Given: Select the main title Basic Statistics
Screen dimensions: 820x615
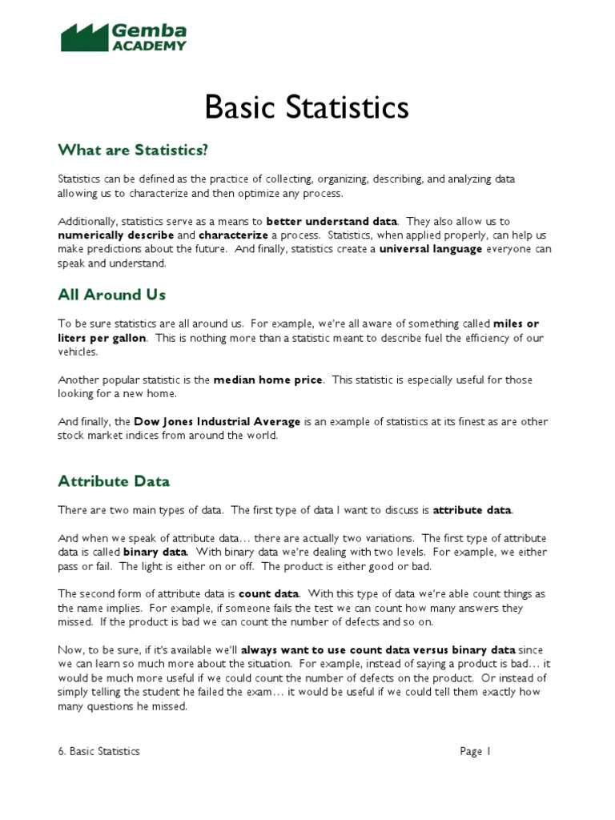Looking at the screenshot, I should coord(307,107).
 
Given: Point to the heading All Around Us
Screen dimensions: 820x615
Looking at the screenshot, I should coord(111,295).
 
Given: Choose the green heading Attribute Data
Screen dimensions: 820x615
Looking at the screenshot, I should coord(114,481).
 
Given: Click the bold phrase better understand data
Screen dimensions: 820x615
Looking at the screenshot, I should coord(335,221).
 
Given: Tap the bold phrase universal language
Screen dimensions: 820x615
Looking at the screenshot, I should coord(431,250).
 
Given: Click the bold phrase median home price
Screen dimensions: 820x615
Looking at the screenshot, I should coord(267,380).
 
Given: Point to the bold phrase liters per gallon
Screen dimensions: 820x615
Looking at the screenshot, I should coord(102,338).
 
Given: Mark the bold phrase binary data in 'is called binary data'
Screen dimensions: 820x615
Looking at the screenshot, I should coord(155,553).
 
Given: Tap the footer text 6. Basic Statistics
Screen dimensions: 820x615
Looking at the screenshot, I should coord(98,751).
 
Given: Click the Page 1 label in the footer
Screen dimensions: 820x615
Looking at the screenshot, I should coord(475,751).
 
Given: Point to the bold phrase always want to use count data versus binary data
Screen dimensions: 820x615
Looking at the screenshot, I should coord(379,649).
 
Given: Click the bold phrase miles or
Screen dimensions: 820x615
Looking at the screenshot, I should coord(516,324).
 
